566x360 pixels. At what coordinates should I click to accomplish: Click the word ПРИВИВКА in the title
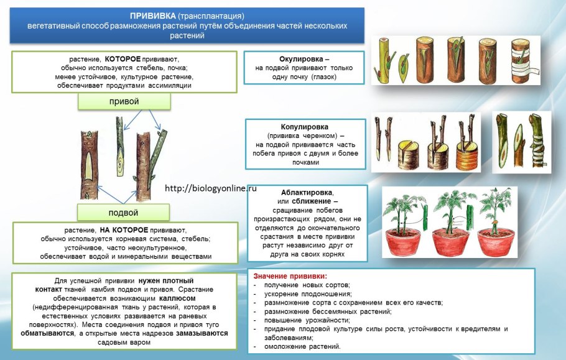(x=153, y=16)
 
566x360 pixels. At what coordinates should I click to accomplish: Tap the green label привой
(x=124, y=101)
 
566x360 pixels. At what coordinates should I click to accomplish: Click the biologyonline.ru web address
(x=211, y=188)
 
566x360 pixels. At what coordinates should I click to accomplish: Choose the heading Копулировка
(x=304, y=126)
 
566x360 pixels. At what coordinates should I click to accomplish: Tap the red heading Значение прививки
(x=290, y=275)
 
